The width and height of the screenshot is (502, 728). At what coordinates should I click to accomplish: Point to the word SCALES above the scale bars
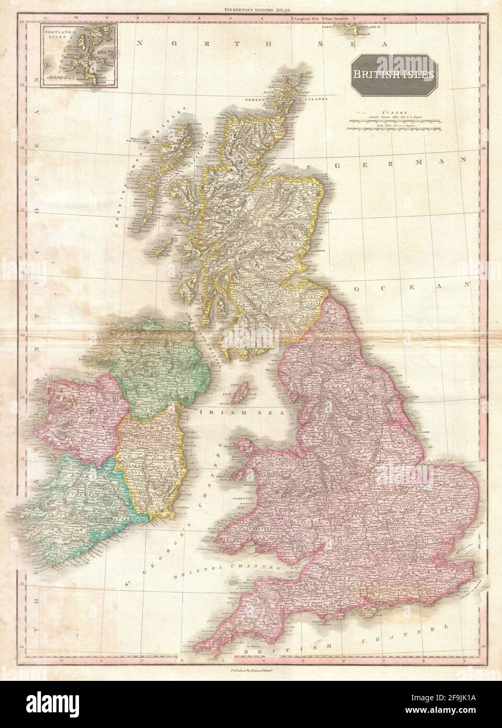[x=392, y=112]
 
